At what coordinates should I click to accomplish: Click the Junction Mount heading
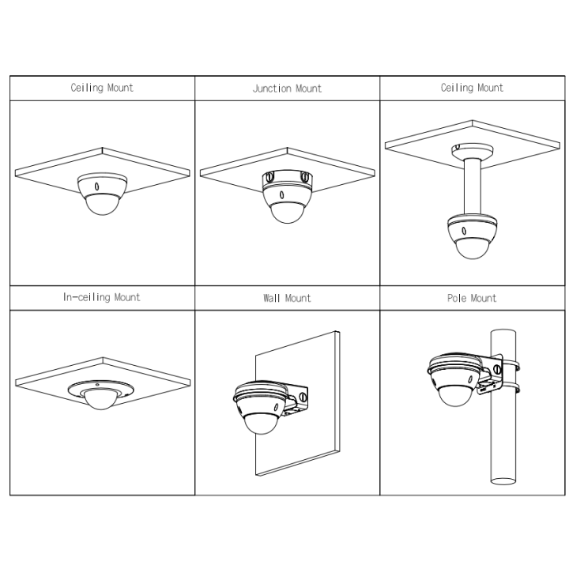point(287,89)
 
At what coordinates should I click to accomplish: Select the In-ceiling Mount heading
point(102,298)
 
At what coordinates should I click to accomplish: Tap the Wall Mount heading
point(287,298)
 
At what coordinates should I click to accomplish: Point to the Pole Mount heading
point(472,298)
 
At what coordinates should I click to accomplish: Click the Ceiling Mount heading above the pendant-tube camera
point(472,88)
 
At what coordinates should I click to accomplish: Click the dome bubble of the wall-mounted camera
point(260,424)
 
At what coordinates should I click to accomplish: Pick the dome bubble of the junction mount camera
point(288,213)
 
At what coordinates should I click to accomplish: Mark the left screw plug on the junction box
point(269,177)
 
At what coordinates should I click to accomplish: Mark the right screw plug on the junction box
point(304,177)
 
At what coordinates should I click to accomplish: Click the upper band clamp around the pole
point(510,365)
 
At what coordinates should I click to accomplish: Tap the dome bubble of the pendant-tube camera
point(473,248)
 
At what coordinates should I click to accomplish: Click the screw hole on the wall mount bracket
point(303,397)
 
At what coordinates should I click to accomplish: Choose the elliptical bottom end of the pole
point(503,481)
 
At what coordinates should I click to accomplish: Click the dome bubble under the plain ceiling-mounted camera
point(103,205)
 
